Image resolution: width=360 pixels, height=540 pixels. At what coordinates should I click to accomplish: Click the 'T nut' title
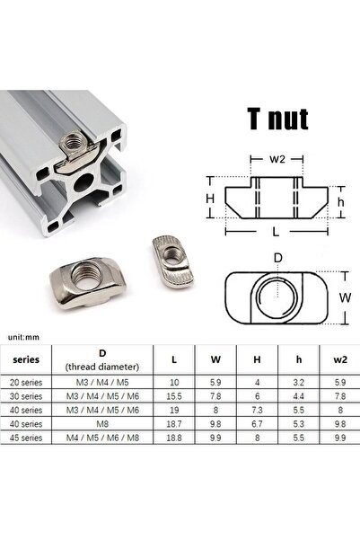pyautogui.click(x=277, y=119)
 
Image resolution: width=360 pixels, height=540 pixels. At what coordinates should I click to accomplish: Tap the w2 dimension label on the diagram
pyautogui.click(x=277, y=159)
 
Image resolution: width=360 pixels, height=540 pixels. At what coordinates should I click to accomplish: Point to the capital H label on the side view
pyautogui.click(x=210, y=199)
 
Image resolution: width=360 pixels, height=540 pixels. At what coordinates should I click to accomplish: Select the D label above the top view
pyautogui.click(x=277, y=258)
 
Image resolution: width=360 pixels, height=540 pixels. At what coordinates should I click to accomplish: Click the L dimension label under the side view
pyautogui.click(x=276, y=232)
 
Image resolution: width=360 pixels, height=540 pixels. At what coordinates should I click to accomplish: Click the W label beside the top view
pyautogui.click(x=345, y=297)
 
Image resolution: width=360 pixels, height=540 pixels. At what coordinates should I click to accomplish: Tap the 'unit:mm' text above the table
pyautogui.click(x=23, y=337)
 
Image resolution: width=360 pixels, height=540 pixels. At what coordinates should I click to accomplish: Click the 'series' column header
pyautogui.click(x=26, y=359)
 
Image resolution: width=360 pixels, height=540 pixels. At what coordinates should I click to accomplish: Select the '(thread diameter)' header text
pyautogui.click(x=102, y=367)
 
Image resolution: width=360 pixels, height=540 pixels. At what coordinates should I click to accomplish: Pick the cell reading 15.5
pyautogui.click(x=174, y=396)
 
